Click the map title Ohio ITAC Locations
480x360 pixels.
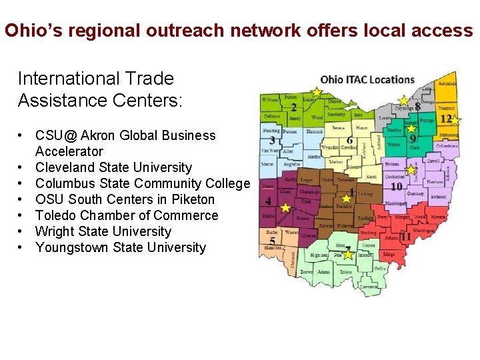click(x=367, y=79)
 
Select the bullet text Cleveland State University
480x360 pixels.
click(x=113, y=167)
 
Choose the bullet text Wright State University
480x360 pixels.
click(x=103, y=231)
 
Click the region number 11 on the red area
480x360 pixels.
click(x=405, y=237)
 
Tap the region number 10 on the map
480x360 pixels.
click(x=396, y=187)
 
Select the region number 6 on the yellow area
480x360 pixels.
click(x=350, y=141)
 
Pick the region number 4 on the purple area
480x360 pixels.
click(x=268, y=201)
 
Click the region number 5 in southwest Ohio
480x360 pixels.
click(x=272, y=241)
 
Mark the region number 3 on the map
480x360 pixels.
click(x=272, y=141)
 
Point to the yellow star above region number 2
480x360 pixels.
click(x=317, y=92)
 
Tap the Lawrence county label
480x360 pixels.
click(x=367, y=287)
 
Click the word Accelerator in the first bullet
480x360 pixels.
click(x=69, y=151)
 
